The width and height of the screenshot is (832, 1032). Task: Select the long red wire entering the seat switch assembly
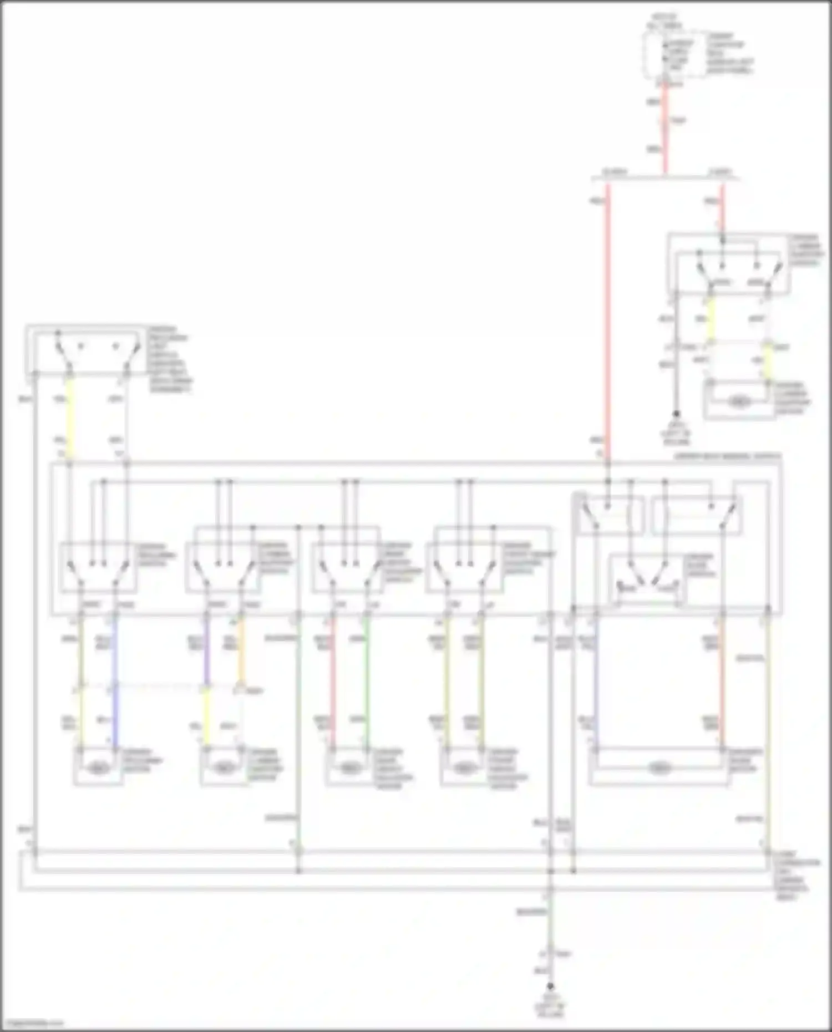click(608, 322)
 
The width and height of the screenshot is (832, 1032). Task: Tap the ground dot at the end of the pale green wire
click(550, 987)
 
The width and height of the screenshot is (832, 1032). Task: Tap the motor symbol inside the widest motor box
click(658, 769)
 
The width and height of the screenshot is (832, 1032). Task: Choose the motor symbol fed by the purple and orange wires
click(224, 769)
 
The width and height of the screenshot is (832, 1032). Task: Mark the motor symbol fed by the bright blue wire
click(98, 769)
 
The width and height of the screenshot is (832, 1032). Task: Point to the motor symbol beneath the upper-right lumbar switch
click(738, 401)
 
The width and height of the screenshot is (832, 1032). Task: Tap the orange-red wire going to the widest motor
click(722, 682)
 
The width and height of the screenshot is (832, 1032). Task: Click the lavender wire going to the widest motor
click(595, 682)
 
